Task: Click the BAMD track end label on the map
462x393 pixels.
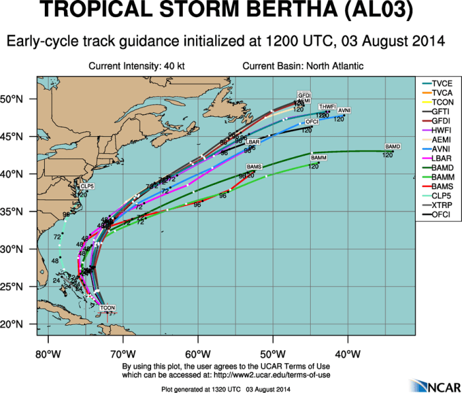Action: [x=393, y=146]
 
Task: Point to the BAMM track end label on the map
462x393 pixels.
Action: [x=319, y=158]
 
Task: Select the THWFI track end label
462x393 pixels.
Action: [x=327, y=106]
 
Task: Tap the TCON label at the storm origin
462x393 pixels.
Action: [x=108, y=308]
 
